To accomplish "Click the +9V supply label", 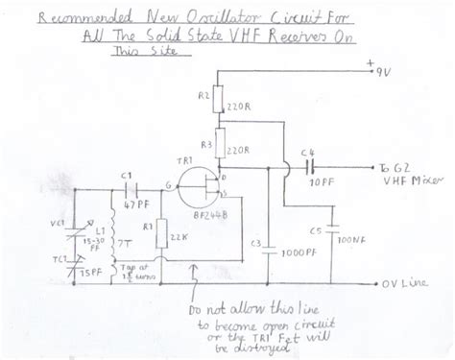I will pos(382,70).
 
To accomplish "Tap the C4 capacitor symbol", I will pos(309,165).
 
